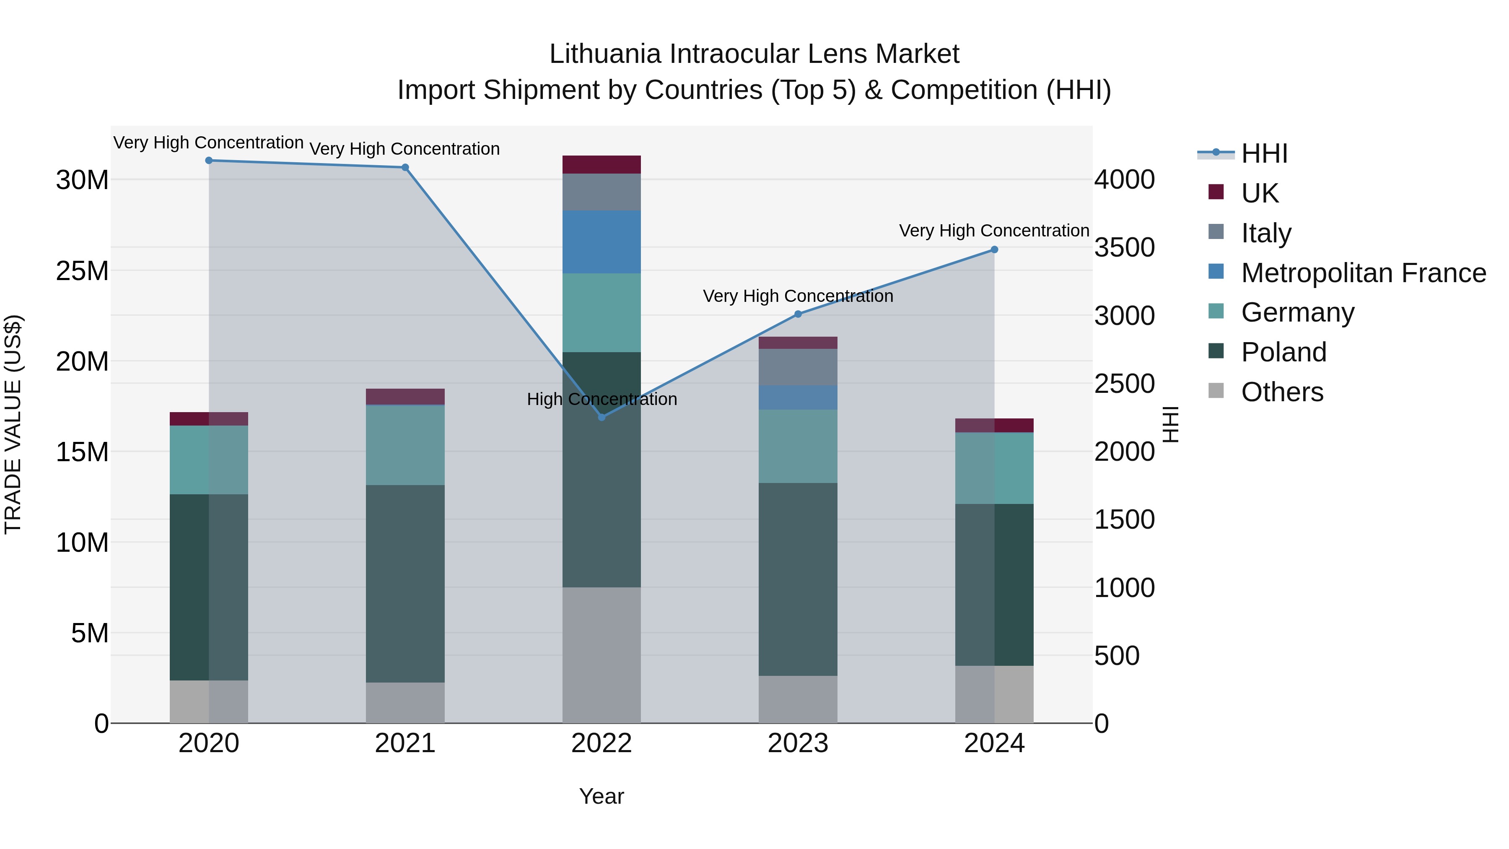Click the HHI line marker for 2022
coord(602,417)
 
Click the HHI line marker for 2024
coord(994,249)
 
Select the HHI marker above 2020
coord(209,161)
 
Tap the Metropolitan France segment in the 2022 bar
coord(602,242)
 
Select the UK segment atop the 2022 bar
coord(602,165)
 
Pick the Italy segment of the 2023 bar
coord(798,367)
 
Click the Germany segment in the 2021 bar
coord(405,445)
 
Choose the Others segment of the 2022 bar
coord(602,655)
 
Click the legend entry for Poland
coord(1283,353)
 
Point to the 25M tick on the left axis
coord(82,271)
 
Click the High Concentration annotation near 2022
coord(602,400)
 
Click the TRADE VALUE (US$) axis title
coord(13,424)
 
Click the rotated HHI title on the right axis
coord(1170,424)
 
